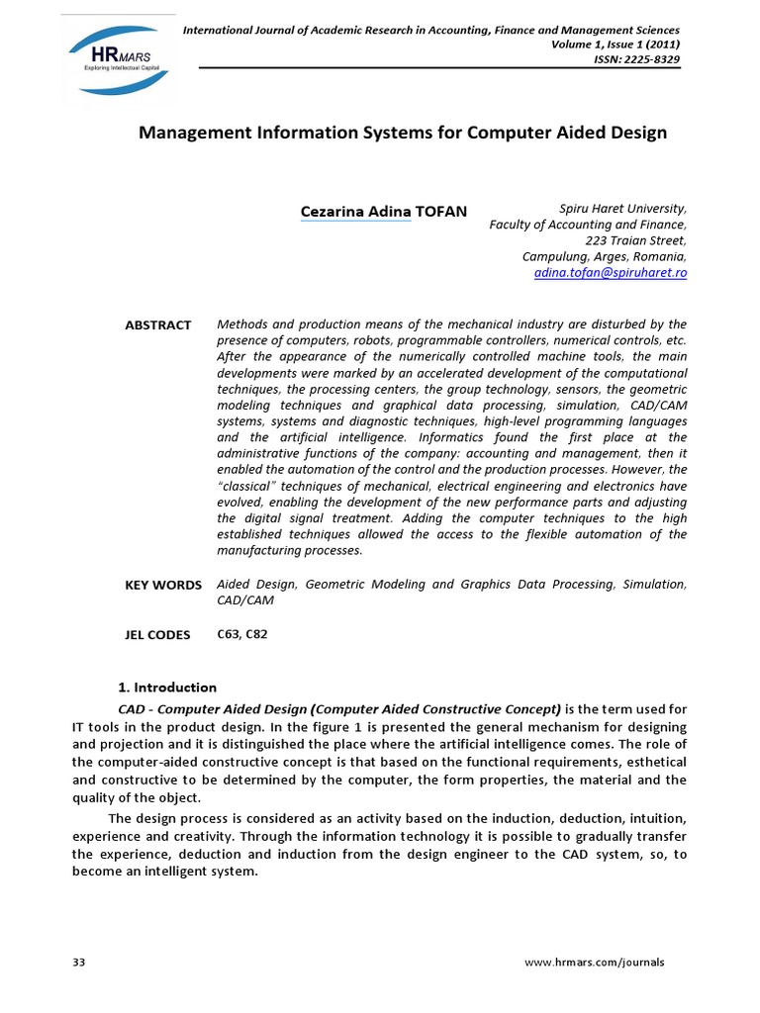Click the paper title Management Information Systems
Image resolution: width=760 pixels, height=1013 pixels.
click(402, 133)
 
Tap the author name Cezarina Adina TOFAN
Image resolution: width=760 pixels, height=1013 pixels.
click(384, 212)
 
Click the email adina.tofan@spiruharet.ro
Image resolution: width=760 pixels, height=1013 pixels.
click(610, 272)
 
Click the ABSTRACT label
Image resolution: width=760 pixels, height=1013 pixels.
click(157, 325)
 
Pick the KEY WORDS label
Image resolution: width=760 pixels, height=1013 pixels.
click(163, 586)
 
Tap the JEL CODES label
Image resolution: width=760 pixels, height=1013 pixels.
click(157, 635)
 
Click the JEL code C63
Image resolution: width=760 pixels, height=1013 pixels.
click(228, 634)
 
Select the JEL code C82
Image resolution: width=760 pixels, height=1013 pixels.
click(255, 634)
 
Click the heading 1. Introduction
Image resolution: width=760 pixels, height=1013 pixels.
click(167, 688)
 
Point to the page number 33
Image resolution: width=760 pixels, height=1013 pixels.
click(80, 962)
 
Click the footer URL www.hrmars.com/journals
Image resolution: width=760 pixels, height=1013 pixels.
click(608, 962)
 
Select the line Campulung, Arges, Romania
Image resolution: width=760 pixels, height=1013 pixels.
click(604, 256)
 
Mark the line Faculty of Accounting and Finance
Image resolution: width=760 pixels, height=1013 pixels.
click(588, 225)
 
